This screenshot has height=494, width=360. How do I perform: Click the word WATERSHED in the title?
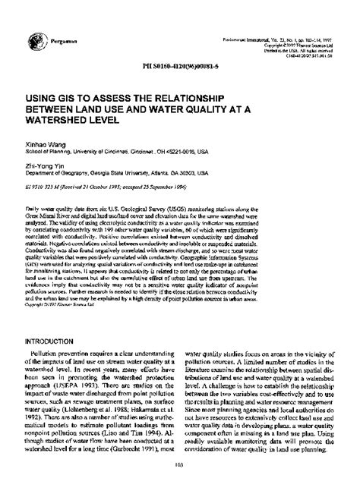[x=61, y=121]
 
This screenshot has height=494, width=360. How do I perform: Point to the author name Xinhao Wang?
[x=43, y=141]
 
